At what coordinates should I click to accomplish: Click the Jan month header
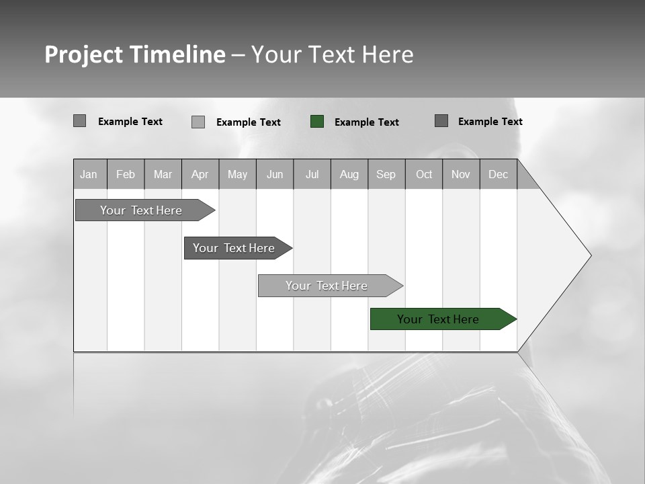point(89,174)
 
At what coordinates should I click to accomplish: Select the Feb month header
point(126,174)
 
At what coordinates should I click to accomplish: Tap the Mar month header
point(163,174)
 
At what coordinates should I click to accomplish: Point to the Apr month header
point(200,174)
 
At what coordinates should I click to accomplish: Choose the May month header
point(237,174)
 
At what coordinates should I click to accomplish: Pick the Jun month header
point(275,174)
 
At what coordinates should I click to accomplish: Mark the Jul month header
point(312,174)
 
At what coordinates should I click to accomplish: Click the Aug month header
point(349,174)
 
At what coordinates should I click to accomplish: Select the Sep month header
point(386,174)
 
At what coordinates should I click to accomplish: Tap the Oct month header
point(424,174)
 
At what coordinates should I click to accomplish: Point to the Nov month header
point(461,174)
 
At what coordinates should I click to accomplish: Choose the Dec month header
point(499,174)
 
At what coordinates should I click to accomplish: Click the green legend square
point(317,122)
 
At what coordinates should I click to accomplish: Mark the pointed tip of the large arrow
point(589,255)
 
